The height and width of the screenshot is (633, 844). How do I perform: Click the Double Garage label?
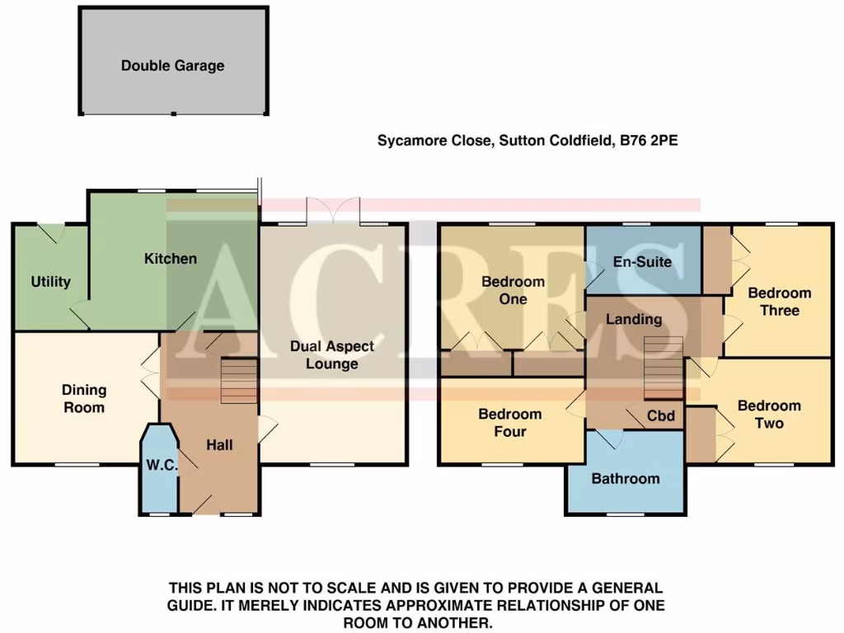tap(172, 65)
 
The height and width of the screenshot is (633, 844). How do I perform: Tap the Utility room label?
tap(51, 282)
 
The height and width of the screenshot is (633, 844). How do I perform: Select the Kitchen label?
tap(171, 259)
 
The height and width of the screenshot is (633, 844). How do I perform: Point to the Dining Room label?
tap(85, 399)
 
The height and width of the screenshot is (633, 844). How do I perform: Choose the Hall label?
tap(219, 445)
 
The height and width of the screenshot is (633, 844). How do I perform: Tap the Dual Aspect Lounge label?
tap(332, 355)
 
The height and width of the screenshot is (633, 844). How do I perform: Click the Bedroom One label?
tap(513, 290)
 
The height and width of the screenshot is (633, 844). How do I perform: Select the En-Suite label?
tap(642, 262)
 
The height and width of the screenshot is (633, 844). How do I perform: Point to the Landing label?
tap(634, 319)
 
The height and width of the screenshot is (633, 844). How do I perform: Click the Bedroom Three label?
tap(780, 302)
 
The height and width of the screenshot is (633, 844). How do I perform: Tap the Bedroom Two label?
tap(769, 415)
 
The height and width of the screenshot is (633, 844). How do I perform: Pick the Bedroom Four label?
tap(510, 423)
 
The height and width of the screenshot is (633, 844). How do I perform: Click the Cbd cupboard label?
tap(661, 416)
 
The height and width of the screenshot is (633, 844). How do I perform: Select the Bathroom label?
tap(626, 478)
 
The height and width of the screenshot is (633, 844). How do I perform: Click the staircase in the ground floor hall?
tap(239, 381)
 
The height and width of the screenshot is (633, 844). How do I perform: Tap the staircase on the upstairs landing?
tap(663, 368)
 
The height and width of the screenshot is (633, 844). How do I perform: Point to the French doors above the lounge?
tap(333, 211)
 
